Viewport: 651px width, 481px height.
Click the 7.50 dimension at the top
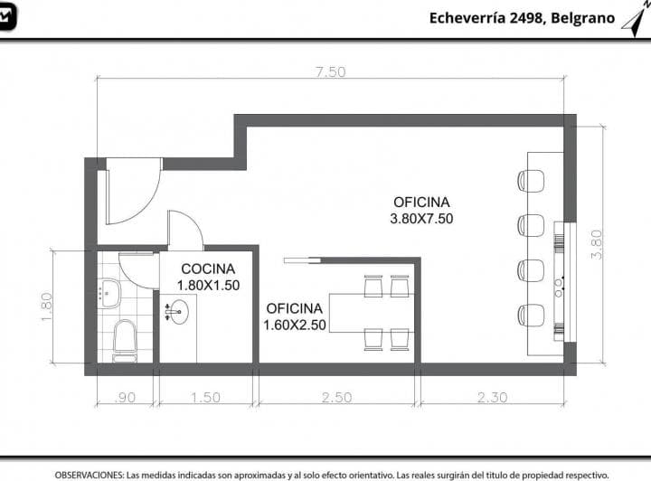(x=331, y=71)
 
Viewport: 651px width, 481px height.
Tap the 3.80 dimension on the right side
(x=597, y=245)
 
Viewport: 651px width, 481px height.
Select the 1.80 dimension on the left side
(x=46, y=307)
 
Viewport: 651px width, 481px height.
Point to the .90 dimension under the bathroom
(x=125, y=398)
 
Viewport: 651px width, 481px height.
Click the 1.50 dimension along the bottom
(x=205, y=398)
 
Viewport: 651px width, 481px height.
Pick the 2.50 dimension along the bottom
(x=336, y=398)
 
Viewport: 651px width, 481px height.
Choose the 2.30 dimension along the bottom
(x=493, y=398)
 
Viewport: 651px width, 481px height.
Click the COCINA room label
(x=208, y=269)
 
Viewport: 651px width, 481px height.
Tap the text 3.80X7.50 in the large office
(x=421, y=219)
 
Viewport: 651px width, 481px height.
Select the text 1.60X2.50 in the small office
(x=295, y=325)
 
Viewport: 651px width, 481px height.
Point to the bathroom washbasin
(x=109, y=294)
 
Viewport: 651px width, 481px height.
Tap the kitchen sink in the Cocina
(x=177, y=312)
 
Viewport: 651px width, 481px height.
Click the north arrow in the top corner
(x=636, y=20)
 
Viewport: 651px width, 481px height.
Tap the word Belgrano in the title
(x=583, y=18)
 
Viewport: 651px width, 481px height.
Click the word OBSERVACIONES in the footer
(x=89, y=475)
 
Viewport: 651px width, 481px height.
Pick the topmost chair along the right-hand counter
(x=531, y=181)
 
